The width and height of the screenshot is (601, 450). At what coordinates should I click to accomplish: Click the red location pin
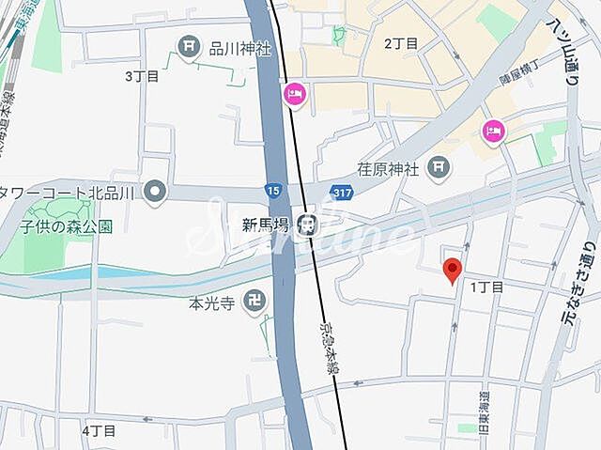(452, 270)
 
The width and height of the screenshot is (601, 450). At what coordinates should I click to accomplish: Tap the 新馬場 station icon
(305, 224)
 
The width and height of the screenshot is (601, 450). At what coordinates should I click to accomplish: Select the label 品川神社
(239, 46)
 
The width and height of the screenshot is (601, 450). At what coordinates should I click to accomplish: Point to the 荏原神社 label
(390, 169)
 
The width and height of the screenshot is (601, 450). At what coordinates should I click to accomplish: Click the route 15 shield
(272, 191)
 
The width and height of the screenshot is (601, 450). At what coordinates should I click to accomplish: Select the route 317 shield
(343, 192)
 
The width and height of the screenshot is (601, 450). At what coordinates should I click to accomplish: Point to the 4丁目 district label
(99, 430)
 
